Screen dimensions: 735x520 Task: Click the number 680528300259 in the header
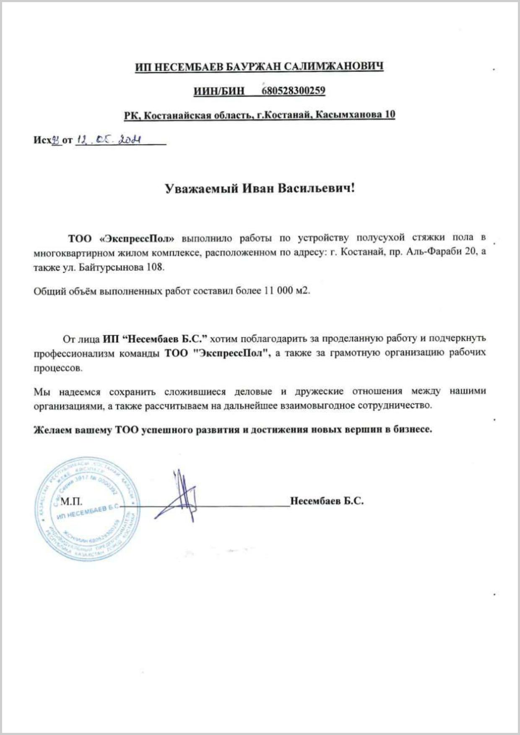point(293,90)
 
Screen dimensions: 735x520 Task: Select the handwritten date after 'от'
point(108,140)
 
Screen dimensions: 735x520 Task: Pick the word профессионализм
point(74,353)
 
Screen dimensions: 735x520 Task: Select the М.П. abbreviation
point(71,501)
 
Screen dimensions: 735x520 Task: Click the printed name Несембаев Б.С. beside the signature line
point(327,501)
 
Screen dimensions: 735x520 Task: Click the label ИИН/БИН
point(219,91)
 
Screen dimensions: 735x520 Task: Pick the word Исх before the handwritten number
point(42,140)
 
